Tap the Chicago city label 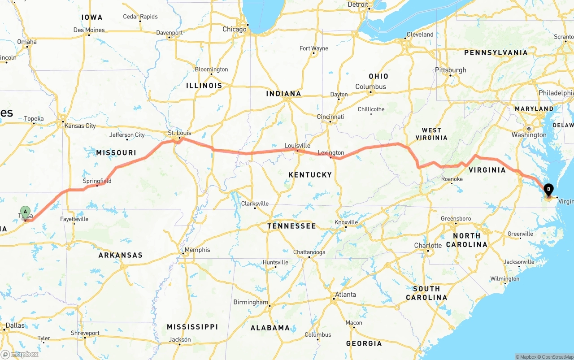(235, 29)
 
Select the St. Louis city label (179, 133)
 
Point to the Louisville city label (297, 146)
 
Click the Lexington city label (331, 153)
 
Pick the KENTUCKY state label (310, 174)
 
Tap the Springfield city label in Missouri (97, 181)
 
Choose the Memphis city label (197, 250)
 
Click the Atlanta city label (345, 295)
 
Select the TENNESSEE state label (291, 226)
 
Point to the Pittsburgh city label (450, 70)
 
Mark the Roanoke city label (452, 179)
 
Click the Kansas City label (80, 126)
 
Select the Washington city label (529, 135)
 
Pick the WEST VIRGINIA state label (431, 134)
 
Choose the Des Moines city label (89, 30)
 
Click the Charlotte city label (428, 246)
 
